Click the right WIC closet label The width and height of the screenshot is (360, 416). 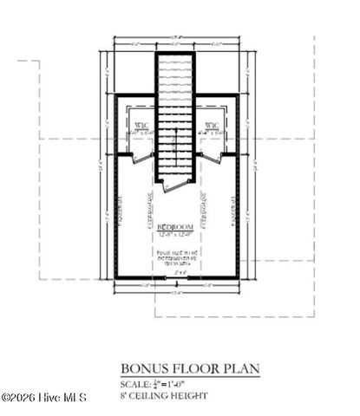point(212,127)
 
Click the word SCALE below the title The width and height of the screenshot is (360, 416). point(136,382)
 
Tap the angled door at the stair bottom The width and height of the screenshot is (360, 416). point(174,183)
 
